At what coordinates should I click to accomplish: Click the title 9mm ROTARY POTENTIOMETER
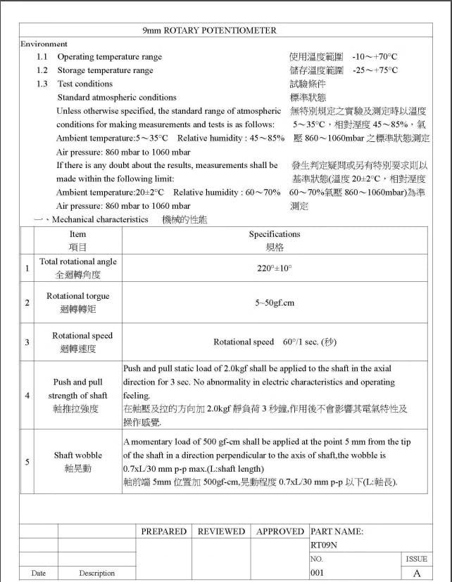[x=210, y=30]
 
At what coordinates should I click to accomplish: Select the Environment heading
[x=44, y=44]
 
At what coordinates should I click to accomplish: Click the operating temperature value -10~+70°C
[x=375, y=56]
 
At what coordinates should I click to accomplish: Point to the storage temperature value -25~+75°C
[x=375, y=70]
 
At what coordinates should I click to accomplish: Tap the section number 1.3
[x=42, y=84]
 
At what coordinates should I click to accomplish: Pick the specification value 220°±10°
[x=275, y=269]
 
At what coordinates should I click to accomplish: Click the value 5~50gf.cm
[x=275, y=303]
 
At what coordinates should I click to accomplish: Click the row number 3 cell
[x=27, y=342]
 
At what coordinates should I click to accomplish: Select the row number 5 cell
[x=27, y=462]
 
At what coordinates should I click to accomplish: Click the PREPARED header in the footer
[x=163, y=532]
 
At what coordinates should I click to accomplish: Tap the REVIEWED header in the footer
[x=221, y=532]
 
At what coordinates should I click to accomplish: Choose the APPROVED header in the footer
[x=280, y=532]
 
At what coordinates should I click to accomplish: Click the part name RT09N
[x=324, y=545]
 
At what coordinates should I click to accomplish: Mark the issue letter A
[x=416, y=574]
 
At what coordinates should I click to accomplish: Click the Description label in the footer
[x=96, y=574]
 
